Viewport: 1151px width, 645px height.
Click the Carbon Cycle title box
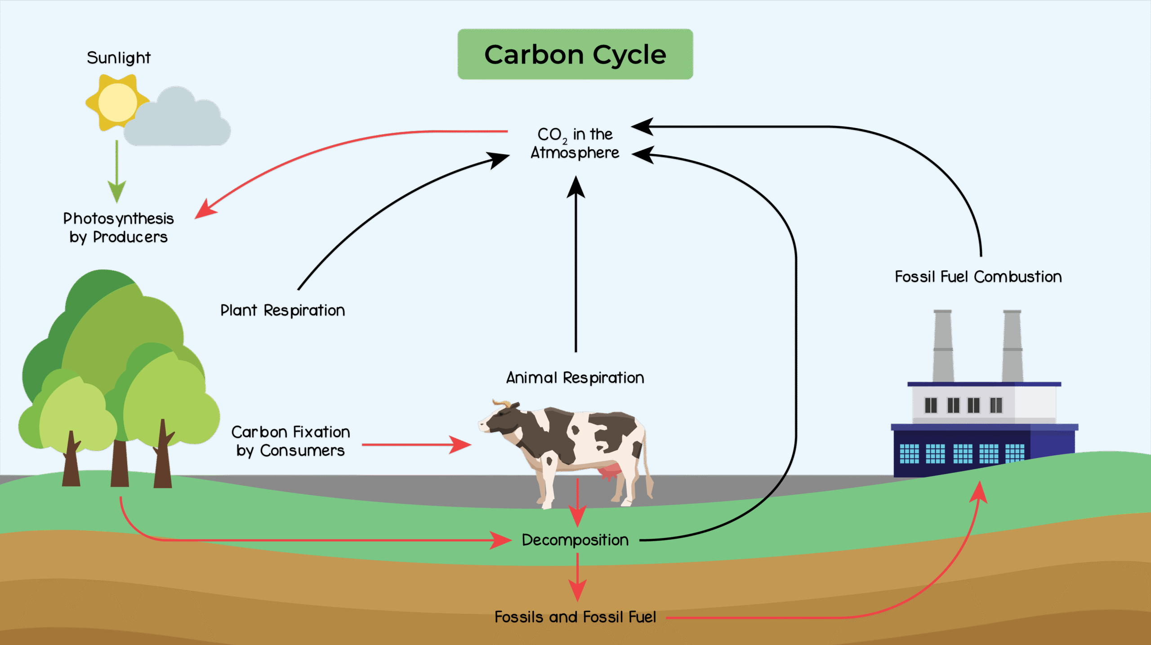(x=575, y=54)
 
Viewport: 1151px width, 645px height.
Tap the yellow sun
(x=117, y=102)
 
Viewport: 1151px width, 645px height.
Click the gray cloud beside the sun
(x=180, y=121)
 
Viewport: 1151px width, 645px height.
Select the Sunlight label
(x=118, y=58)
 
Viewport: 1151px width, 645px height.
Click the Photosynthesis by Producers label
(x=118, y=228)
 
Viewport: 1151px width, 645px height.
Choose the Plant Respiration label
(x=282, y=310)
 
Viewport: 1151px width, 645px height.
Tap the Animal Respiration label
(x=575, y=378)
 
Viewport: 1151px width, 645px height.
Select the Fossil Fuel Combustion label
(x=978, y=276)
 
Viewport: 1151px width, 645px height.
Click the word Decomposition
(x=575, y=540)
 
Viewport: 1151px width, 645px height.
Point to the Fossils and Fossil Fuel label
(x=575, y=617)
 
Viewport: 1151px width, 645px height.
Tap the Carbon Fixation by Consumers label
(x=290, y=441)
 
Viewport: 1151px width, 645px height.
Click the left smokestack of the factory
(x=943, y=346)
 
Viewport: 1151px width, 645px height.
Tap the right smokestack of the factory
(x=1013, y=346)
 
